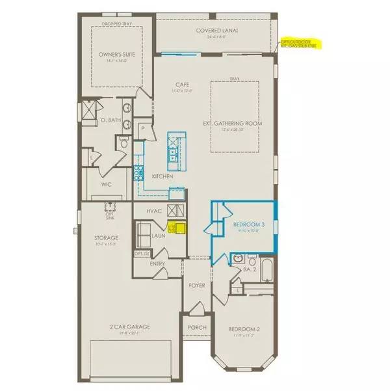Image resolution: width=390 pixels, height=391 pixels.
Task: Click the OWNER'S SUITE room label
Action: (115, 55)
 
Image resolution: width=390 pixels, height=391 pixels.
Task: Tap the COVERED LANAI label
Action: (215, 31)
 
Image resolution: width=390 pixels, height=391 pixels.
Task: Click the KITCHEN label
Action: (161, 176)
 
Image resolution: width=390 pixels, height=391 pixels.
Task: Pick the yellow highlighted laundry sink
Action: (176, 227)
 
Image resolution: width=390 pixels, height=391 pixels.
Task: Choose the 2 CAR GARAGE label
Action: (122, 329)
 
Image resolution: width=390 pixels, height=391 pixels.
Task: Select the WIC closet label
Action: (108, 184)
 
